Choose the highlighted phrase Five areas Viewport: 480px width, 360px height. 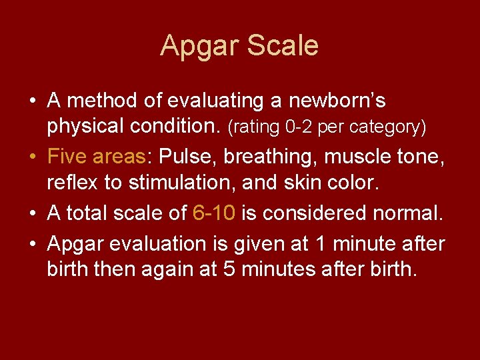pyautogui.click(x=97, y=157)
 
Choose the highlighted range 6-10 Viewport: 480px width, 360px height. pyautogui.click(x=213, y=213)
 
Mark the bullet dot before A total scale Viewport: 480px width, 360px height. pyautogui.click(x=33, y=214)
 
